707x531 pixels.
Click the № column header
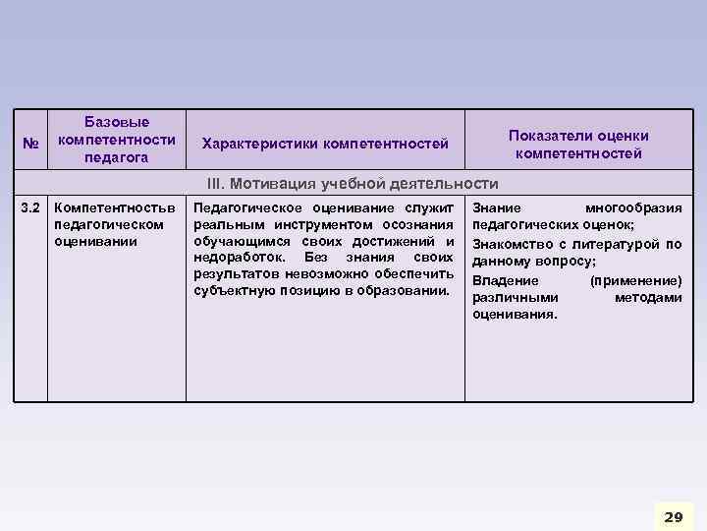tap(28, 145)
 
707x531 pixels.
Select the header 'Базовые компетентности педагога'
tap(117, 140)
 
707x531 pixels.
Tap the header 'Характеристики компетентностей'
tap(325, 145)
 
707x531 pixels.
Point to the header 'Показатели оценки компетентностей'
tap(578, 145)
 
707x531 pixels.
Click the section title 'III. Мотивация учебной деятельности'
tap(352, 184)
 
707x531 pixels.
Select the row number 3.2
tap(30, 207)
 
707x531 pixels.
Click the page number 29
tap(673, 516)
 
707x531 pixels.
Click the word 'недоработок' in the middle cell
tap(234, 258)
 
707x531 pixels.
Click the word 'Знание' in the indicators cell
tap(497, 208)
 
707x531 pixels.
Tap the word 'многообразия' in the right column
tap(633, 208)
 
